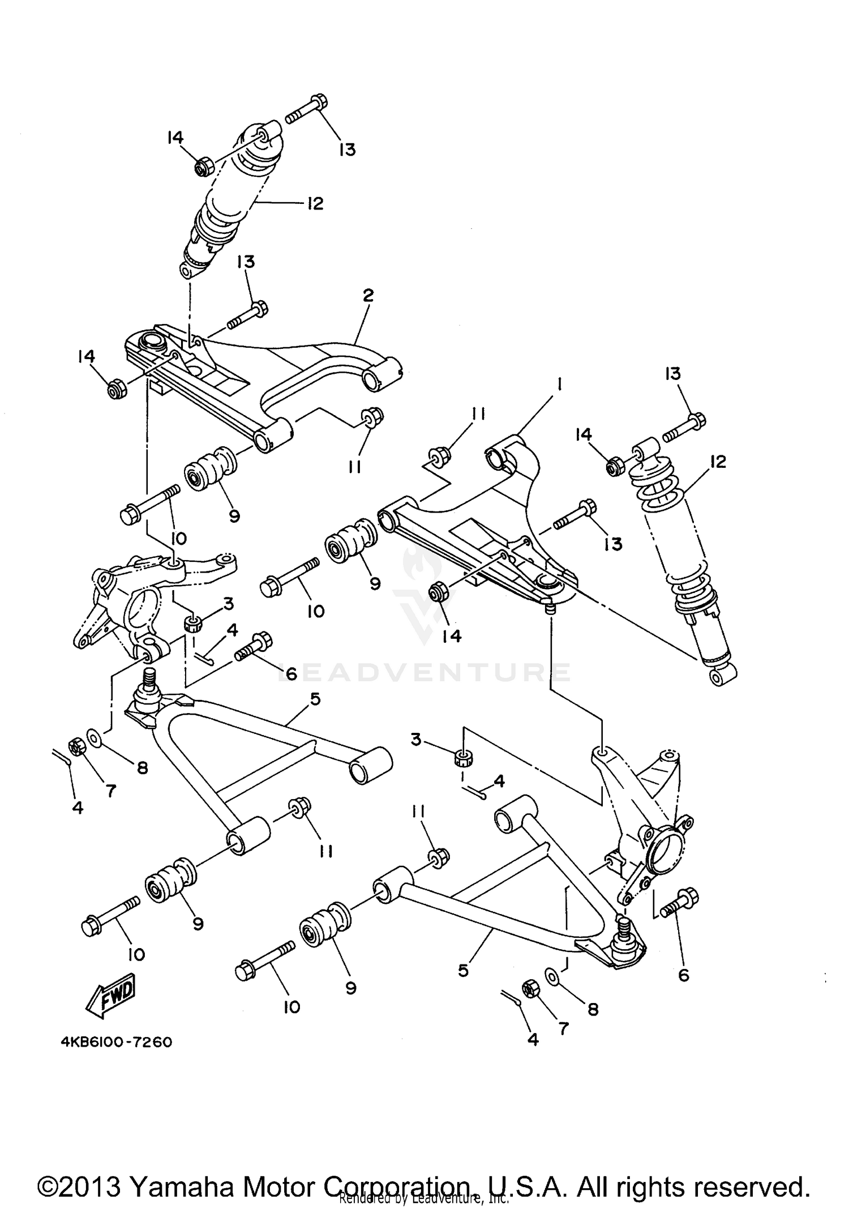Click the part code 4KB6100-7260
[115, 1042]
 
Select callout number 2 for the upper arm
[368, 295]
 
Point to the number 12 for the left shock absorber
[315, 203]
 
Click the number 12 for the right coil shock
[718, 462]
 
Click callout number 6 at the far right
[684, 975]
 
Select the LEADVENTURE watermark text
[424, 672]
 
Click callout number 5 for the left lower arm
[315, 699]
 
